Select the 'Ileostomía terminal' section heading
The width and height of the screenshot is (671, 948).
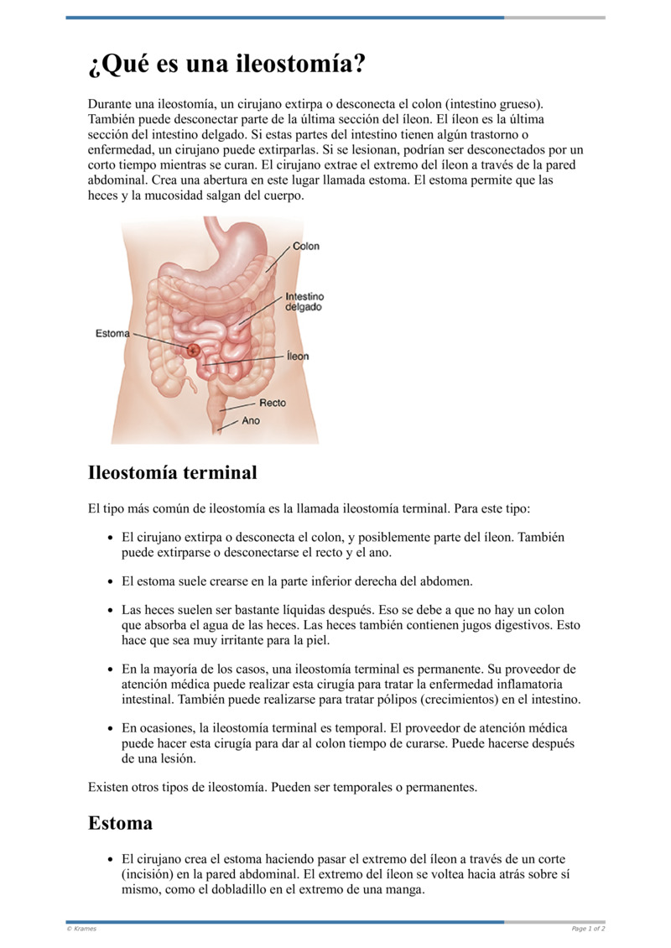[172, 472]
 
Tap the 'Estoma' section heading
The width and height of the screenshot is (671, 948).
[120, 823]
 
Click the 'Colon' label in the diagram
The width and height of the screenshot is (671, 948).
[305, 247]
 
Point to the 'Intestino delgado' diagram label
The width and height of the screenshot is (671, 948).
[304, 302]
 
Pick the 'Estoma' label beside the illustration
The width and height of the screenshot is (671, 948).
[112, 333]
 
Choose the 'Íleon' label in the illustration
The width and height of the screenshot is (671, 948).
[297, 357]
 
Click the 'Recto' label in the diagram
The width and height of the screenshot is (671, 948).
[272, 403]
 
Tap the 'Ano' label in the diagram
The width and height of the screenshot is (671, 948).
[251, 420]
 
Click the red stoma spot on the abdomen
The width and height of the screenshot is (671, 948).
[194, 349]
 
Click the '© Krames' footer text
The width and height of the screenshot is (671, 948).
[81, 929]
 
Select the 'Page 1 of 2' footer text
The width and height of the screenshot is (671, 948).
[588, 929]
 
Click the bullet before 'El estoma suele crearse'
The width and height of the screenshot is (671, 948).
[112, 581]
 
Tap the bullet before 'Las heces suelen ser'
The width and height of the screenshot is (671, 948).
[112, 611]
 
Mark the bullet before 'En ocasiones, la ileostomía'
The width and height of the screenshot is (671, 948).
[112, 728]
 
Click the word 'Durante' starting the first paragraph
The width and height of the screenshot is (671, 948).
[110, 104]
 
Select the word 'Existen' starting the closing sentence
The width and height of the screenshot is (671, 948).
[108, 788]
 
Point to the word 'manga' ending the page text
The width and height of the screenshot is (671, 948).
[407, 890]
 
